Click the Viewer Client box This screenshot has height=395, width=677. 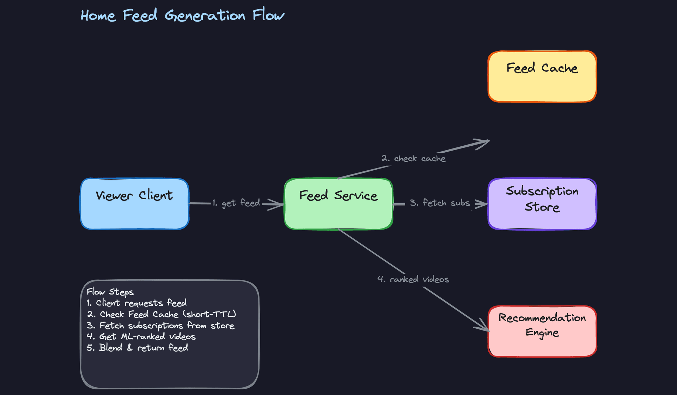click(x=134, y=204)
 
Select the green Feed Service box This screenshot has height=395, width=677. click(x=338, y=204)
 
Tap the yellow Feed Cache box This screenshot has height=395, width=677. click(x=542, y=77)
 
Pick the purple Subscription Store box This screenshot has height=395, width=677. click(x=542, y=204)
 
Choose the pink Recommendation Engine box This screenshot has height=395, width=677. click(x=542, y=331)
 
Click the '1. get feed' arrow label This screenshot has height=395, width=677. click(x=236, y=203)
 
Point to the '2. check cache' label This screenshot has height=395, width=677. click(x=413, y=159)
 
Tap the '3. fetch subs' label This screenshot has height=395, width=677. click(x=440, y=203)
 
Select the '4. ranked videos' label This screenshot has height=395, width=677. click(x=413, y=279)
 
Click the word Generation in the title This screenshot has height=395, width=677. click(x=205, y=16)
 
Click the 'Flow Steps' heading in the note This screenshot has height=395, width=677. click(x=110, y=292)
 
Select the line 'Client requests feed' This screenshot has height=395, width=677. click(x=141, y=303)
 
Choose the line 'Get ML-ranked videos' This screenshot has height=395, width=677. click(x=147, y=336)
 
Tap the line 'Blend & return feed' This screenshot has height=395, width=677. click(x=143, y=348)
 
